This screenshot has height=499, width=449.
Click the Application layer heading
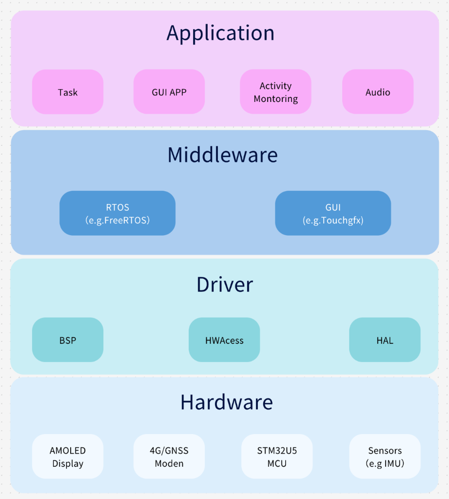point(220,33)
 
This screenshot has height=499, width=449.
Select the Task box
point(68,92)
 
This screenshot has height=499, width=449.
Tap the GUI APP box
point(169,92)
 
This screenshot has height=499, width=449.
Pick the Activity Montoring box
point(275,92)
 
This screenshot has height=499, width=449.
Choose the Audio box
point(378,92)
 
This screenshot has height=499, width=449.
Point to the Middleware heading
point(222,155)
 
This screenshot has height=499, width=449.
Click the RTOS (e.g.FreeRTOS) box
point(117,214)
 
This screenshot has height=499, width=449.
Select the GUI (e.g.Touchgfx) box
point(333,214)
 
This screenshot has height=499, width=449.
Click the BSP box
point(68,340)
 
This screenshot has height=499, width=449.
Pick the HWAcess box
point(224,340)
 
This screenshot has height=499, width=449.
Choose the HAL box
point(385,340)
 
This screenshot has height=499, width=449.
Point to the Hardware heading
point(226,402)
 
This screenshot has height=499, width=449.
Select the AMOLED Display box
point(68,457)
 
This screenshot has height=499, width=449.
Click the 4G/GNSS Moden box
point(169,457)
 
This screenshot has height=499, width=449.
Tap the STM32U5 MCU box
point(277,457)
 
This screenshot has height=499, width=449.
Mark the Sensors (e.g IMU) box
point(385,457)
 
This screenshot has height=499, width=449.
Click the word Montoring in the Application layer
point(275,99)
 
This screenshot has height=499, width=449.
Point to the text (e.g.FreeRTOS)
point(117,220)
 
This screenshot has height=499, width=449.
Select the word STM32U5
point(277,451)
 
